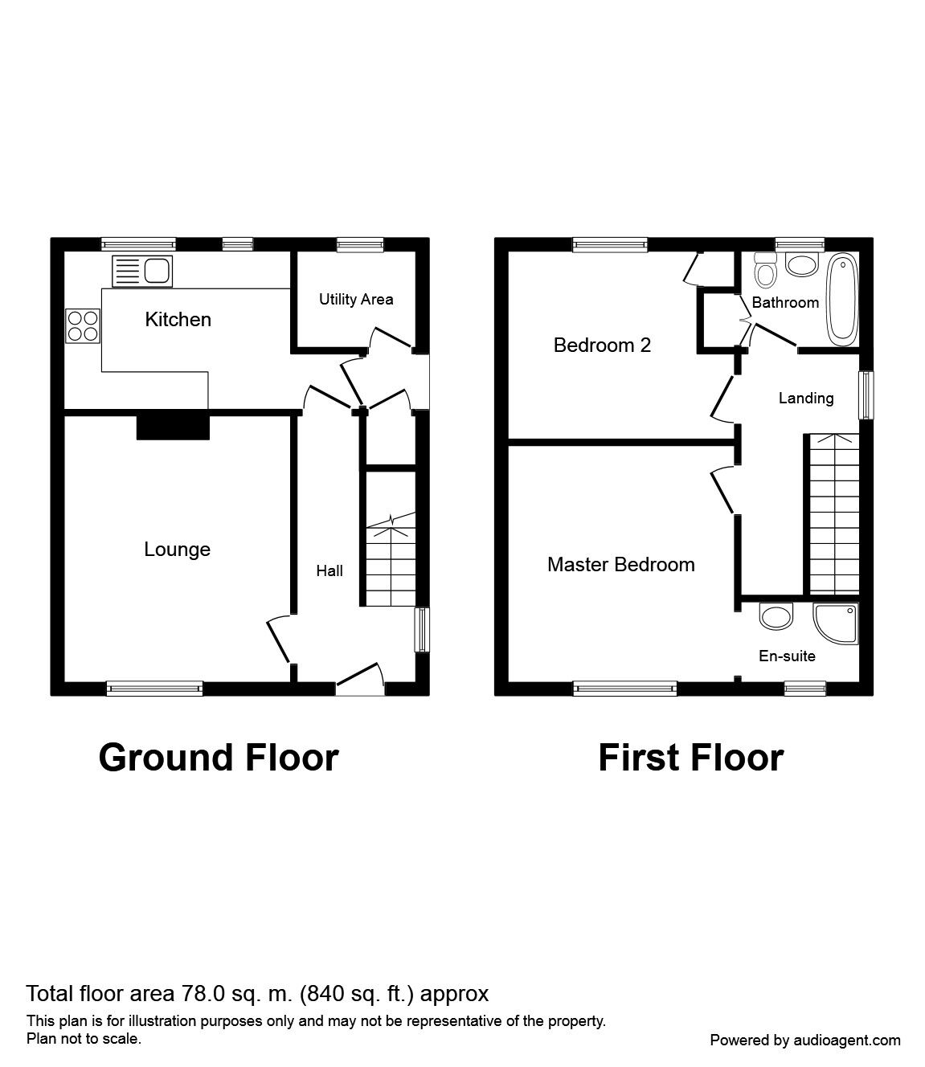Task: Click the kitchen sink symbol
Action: [142, 271]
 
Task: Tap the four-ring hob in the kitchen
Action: [83, 326]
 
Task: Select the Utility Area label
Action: [356, 300]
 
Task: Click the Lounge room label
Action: [177, 550]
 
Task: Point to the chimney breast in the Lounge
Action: [173, 426]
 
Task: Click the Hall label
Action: [329, 570]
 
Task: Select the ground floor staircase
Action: [390, 562]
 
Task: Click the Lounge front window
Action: [154, 687]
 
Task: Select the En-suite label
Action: [787, 656]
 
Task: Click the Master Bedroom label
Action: [620, 565]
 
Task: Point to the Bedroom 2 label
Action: [602, 345]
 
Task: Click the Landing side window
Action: [866, 395]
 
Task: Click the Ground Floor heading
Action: [218, 758]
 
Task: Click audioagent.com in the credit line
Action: [847, 1040]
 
